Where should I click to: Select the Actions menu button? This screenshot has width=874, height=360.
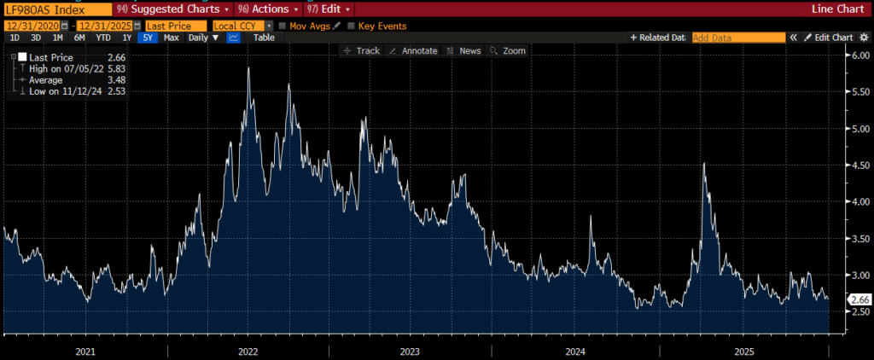pyautogui.click(x=273, y=9)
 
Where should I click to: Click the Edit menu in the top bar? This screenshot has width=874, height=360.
pyautogui.click(x=334, y=9)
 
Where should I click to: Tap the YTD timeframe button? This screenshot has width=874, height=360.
pyautogui.click(x=103, y=38)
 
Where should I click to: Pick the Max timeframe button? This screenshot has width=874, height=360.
pyautogui.click(x=171, y=38)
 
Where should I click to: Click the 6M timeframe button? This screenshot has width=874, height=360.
pyautogui.click(x=79, y=38)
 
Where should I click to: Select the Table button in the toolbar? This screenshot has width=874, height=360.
pyautogui.click(x=264, y=38)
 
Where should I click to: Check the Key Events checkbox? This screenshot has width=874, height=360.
pyautogui.click(x=351, y=26)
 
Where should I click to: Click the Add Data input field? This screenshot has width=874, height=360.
pyautogui.click(x=737, y=38)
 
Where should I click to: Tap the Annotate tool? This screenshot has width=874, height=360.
pyautogui.click(x=413, y=51)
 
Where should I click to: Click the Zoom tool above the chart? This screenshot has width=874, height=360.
pyautogui.click(x=509, y=51)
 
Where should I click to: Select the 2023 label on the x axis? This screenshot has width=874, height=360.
pyautogui.click(x=410, y=351)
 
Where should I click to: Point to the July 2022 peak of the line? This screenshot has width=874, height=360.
pyautogui.click(x=248, y=68)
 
